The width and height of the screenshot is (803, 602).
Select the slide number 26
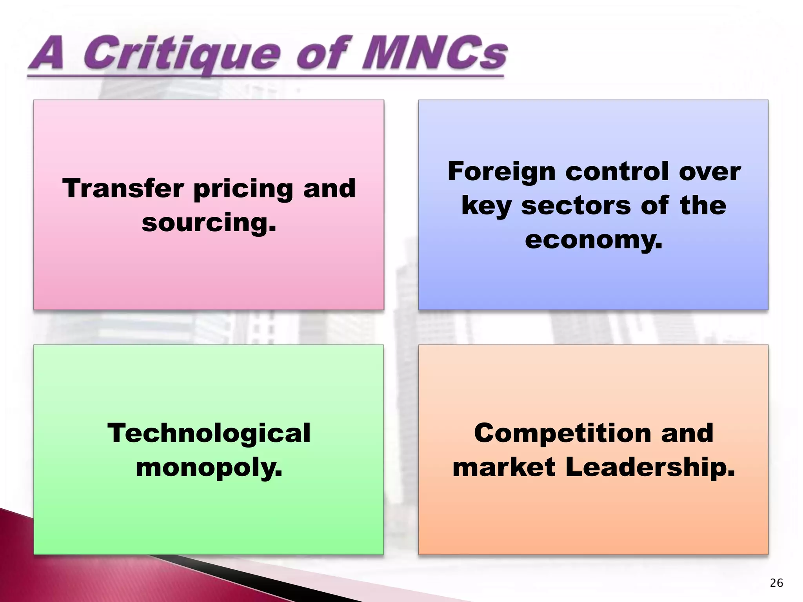click(776, 583)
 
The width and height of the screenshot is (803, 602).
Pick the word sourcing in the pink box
click(209, 223)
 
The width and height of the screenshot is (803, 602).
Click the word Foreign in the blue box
click(501, 172)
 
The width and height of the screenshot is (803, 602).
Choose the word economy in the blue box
click(593, 240)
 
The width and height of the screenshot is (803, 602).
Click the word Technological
click(209, 433)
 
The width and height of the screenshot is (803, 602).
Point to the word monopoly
click(209, 468)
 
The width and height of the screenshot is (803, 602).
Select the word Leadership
click(650, 467)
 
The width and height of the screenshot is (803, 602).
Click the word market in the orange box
click(504, 467)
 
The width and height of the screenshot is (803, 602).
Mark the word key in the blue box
click(486, 207)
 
